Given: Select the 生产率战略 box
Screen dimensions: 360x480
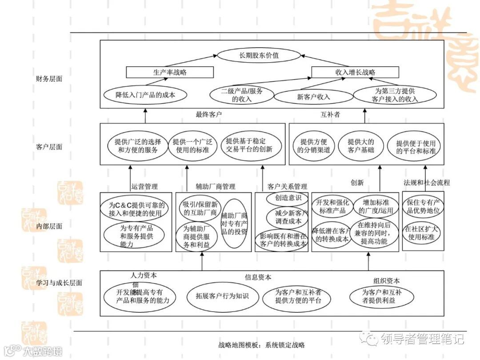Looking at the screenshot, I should [x=170, y=72].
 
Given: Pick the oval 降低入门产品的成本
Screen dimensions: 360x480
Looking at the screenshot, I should [x=145, y=95].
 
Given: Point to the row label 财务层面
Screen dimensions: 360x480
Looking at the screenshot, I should [x=49, y=79].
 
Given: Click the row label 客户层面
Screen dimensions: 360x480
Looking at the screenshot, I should [x=49, y=147].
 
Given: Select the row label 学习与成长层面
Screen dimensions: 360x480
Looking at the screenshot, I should [x=59, y=283].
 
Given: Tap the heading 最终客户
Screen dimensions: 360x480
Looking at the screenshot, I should [x=209, y=115].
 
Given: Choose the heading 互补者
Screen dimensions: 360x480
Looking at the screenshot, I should [x=330, y=115].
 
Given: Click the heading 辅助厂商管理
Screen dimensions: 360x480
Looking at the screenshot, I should [x=216, y=186].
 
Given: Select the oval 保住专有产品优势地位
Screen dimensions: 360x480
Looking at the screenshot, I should [x=423, y=206].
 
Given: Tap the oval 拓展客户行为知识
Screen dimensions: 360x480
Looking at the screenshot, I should [x=222, y=296].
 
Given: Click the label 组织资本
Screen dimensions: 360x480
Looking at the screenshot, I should [x=386, y=281].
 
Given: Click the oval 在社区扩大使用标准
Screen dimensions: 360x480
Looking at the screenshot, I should [x=422, y=233].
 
